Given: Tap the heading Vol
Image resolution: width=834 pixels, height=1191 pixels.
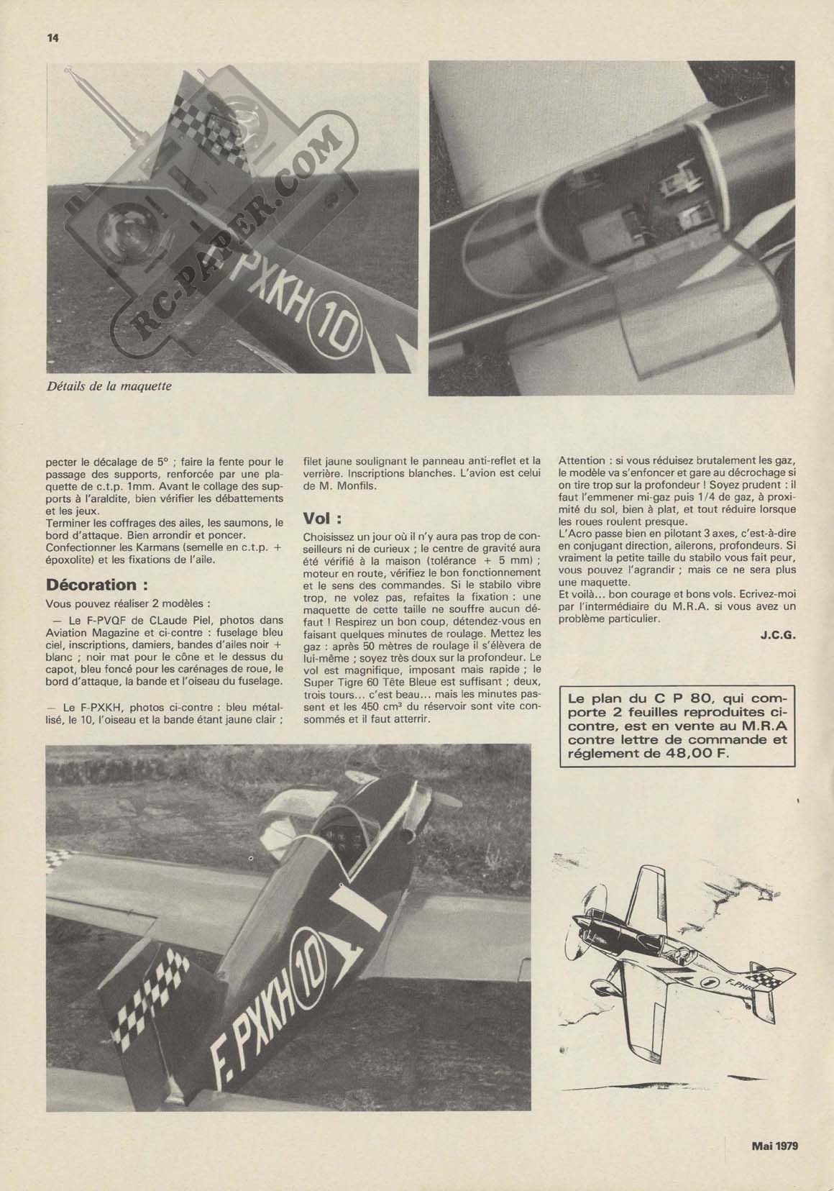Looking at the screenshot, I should pyautogui.click(x=321, y=518).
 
